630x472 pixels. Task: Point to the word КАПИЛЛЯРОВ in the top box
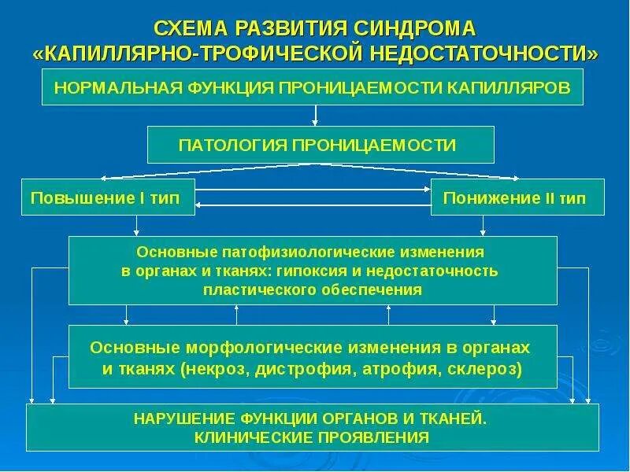click(x=512, y=87)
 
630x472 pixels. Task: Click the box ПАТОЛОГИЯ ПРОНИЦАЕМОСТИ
click(x=321, y=145)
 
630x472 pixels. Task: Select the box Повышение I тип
click(x=108, y=197)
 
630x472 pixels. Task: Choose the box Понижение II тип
click(x=517, y=197)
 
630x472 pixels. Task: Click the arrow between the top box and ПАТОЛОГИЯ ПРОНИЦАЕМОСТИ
click(x=315, y=116)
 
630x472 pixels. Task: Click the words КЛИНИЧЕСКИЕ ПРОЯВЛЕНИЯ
click(x=313, y=437)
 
